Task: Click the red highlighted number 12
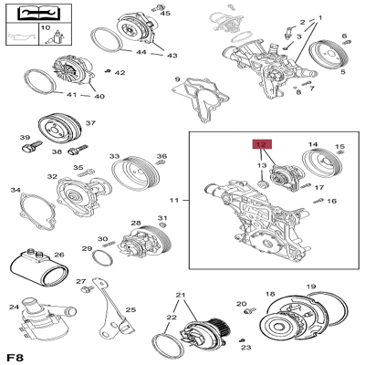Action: pyautogui.click(x=261, y=143)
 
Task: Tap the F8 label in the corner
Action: pyautogui.click(x=16, y=355)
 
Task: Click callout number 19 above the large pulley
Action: pyautogui.click(x=310, y=287)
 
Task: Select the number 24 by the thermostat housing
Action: pyautogui.click(x=14, y=307)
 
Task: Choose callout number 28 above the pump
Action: pyautogui.click(x=135, y=224)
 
